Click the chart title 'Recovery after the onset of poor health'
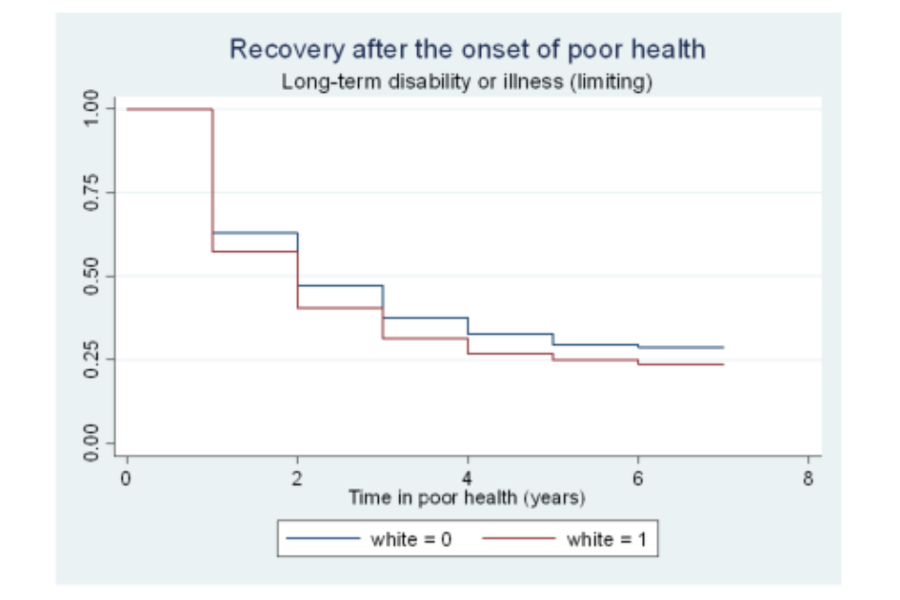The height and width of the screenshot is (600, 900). point(467,50)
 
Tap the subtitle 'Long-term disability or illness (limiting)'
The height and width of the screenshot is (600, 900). point(467,82)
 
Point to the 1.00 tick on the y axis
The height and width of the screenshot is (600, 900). point(91,109)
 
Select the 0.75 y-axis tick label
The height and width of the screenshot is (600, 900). point(91,192)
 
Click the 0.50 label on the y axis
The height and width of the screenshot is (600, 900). point(91,277)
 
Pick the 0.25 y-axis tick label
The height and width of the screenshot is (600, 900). point(91,360)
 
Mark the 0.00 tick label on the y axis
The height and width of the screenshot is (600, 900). point(91,443)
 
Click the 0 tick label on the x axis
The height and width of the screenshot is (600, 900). point(127,477)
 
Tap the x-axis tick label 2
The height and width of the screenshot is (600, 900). point(297,477)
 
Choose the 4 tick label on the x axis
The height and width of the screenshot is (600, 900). point(468,477)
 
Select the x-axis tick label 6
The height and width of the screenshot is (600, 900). point(638,477)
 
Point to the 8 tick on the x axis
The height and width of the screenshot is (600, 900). point(809,477)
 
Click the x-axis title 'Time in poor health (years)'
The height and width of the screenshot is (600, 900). point(467,497)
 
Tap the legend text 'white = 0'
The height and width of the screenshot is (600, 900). point(412,539)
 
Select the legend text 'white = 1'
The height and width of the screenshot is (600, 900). point(606,539)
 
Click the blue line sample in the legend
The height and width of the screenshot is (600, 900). point(322,539)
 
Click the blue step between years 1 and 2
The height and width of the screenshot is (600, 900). point(255,232)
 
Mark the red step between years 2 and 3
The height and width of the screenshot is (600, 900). point(340,307)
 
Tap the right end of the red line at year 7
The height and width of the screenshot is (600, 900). point(723,364)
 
